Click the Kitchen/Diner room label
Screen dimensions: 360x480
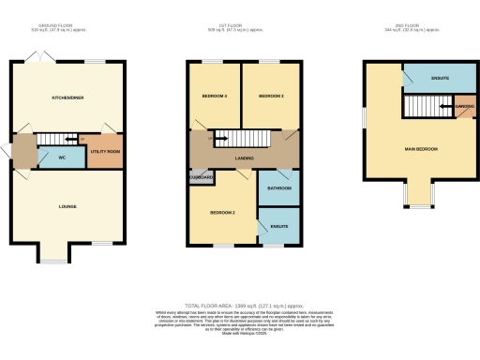[67, 97]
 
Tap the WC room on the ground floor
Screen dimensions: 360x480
[62, 157]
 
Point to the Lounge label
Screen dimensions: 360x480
[67, 206]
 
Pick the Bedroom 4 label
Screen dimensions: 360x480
[215, 97]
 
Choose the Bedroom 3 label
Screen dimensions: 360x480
[271, 97]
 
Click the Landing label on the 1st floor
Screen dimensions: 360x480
[245, 158]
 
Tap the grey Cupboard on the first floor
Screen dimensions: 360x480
[202, 176]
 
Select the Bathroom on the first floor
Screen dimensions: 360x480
[278, 188]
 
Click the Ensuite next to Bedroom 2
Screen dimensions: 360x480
[278, 226]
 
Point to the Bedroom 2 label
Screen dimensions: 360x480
[222, 213]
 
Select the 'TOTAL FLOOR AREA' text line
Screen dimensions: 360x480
[243, 306]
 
